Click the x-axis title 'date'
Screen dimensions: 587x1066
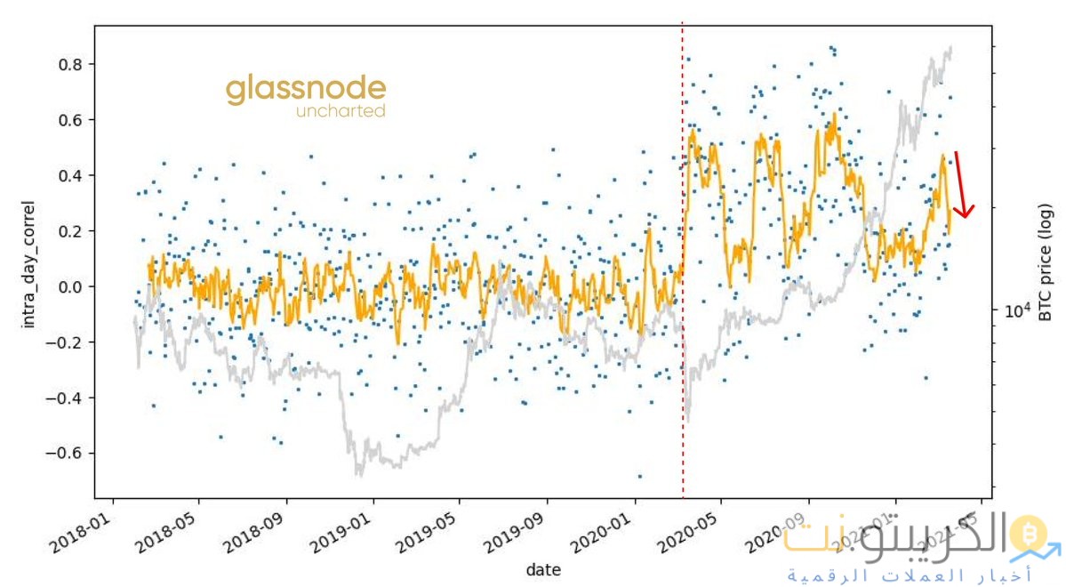[542, 569]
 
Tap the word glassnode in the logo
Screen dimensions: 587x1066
[306, 90]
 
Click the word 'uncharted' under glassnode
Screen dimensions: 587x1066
[341, 112]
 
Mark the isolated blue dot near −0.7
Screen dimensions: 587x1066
[639, 477]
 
